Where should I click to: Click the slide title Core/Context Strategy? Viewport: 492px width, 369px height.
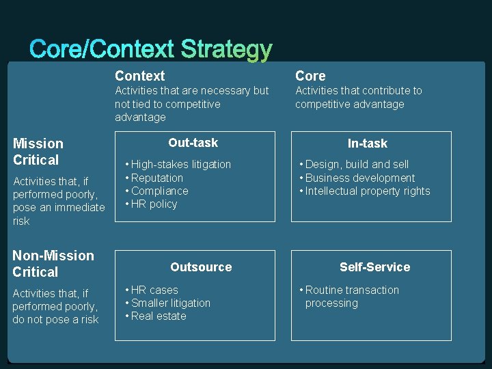click(x=151, y=49)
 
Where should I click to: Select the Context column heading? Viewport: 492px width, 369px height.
click(x=139, y=76)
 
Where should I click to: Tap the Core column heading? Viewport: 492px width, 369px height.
click(x=310, y=76)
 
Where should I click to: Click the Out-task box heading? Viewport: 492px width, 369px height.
click(x=193, y=143)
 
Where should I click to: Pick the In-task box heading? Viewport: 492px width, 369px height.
click(x=368, y=143)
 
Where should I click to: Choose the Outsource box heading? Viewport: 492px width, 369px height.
click(x=201, y=267)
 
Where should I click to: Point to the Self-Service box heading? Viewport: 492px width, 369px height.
click(x=375, y=267)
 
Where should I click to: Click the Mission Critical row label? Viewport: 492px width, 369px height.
click(x=38, y=152)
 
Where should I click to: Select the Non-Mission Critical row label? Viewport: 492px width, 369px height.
click(x=53, y=264)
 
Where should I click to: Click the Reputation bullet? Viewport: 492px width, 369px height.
click(x=157, y=178)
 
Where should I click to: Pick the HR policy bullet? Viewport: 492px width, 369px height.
click(x=154, y=204)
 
